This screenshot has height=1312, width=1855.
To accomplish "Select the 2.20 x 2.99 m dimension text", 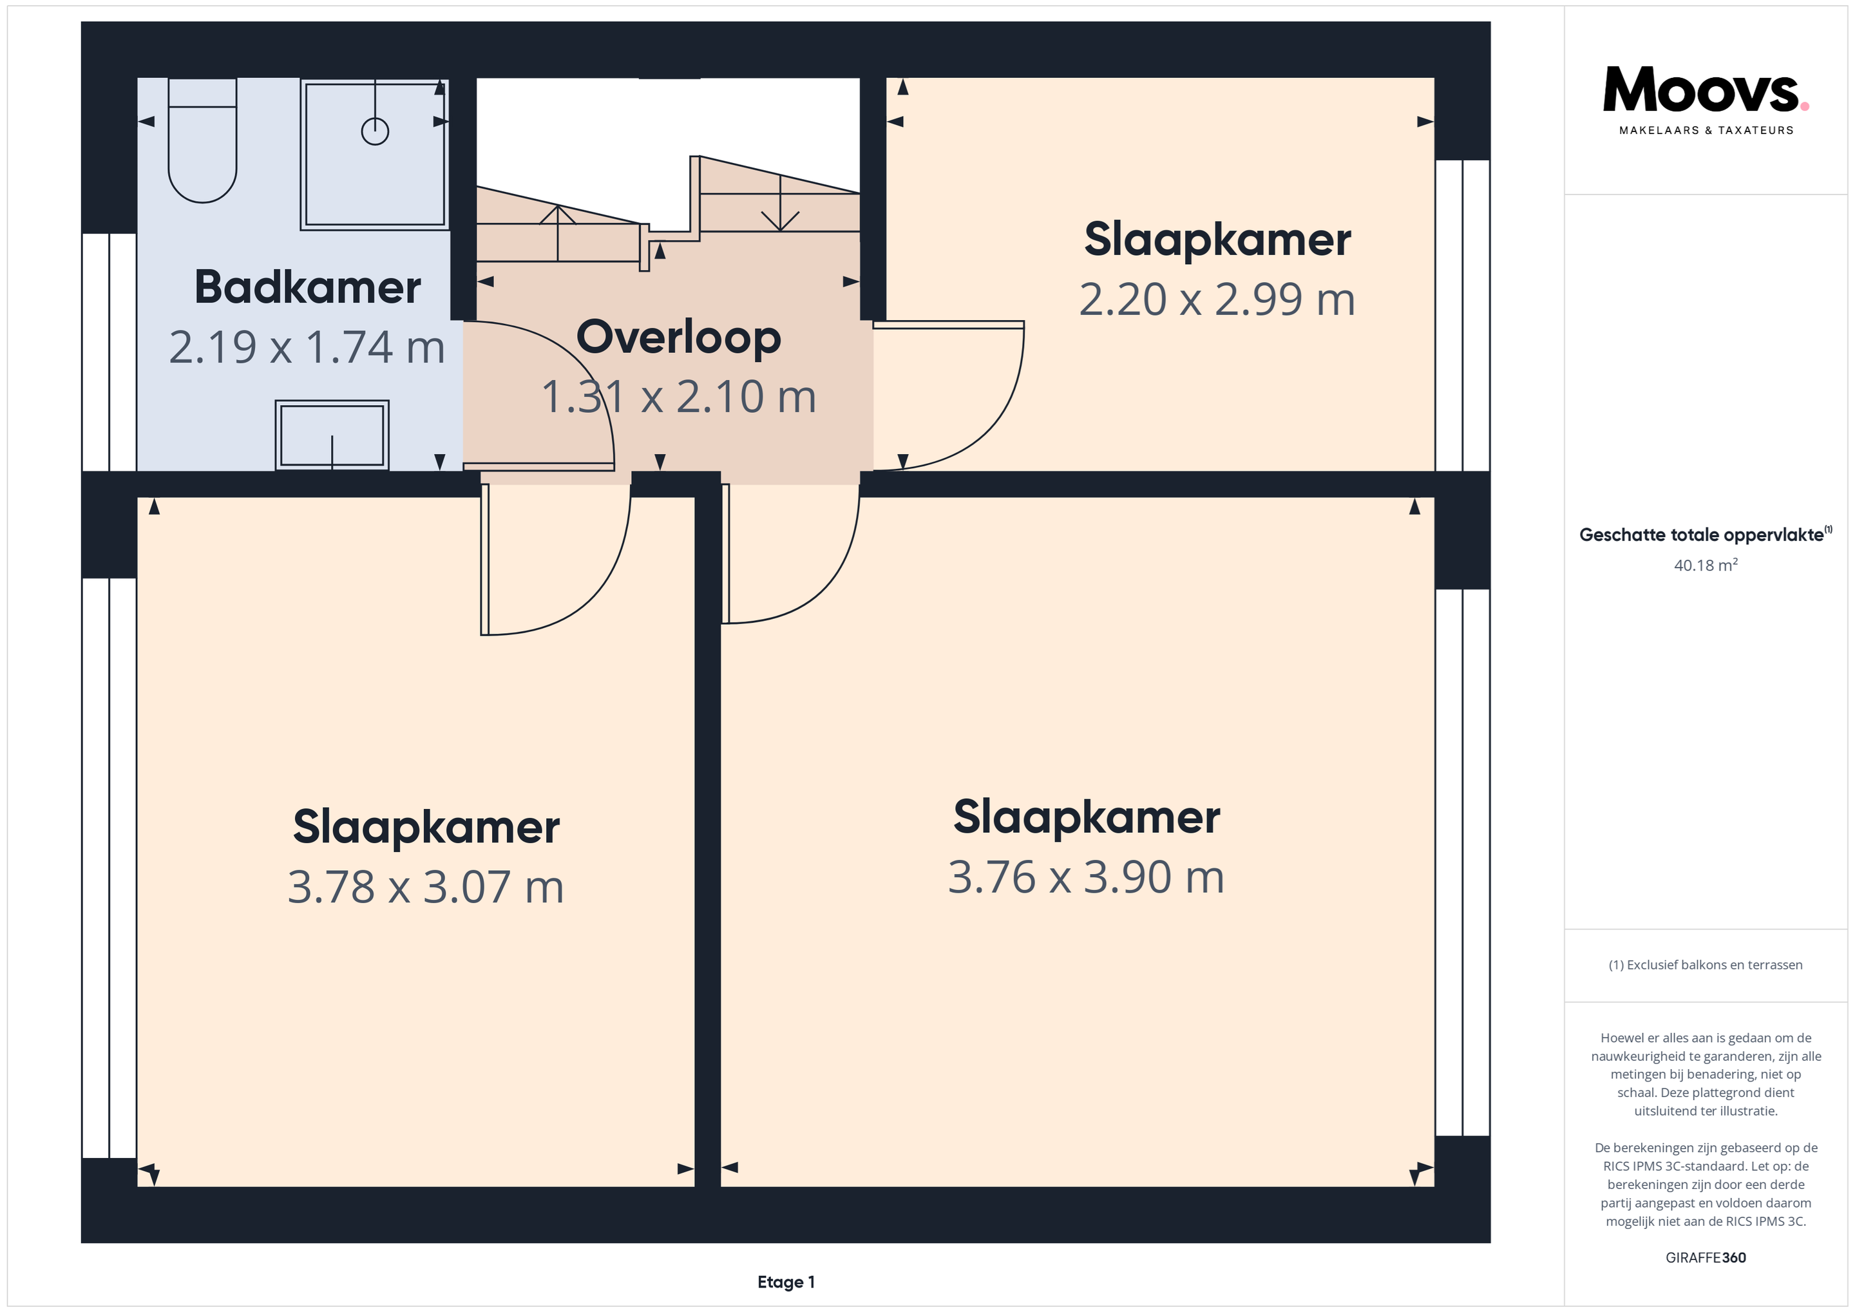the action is pyautogui.click(x=1217, y=299).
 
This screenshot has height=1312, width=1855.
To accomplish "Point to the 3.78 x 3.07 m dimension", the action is pyautogui.click(x=426, y=887).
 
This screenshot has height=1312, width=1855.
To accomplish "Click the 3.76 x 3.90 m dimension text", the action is pyautogui.click(x=1086, y=877).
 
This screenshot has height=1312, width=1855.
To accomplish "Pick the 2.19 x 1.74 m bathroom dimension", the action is pyautogui.click(x=307, y=347).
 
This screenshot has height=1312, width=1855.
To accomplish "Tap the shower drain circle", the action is pyautogui.click(x=375, y=131).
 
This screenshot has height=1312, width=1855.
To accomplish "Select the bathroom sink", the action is pyautogui.click(x=332, y=435).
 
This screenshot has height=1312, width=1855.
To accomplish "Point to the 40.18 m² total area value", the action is pyautogui.click(x=1706, y=565).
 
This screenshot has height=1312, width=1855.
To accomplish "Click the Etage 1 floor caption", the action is pyautogui.click(x=786, y=1282).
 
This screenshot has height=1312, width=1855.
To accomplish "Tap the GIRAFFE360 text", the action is pyautogui.click(x=1706, y=1258).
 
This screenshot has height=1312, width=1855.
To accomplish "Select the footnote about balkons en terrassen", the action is pyautogui.click(x=1706, y=965).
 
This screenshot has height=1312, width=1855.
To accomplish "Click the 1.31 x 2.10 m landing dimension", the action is pyautogui.click(x=679, y=397).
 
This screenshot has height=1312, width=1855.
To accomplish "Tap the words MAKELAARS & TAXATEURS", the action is pyautogui.click(x=1706, y=130).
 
